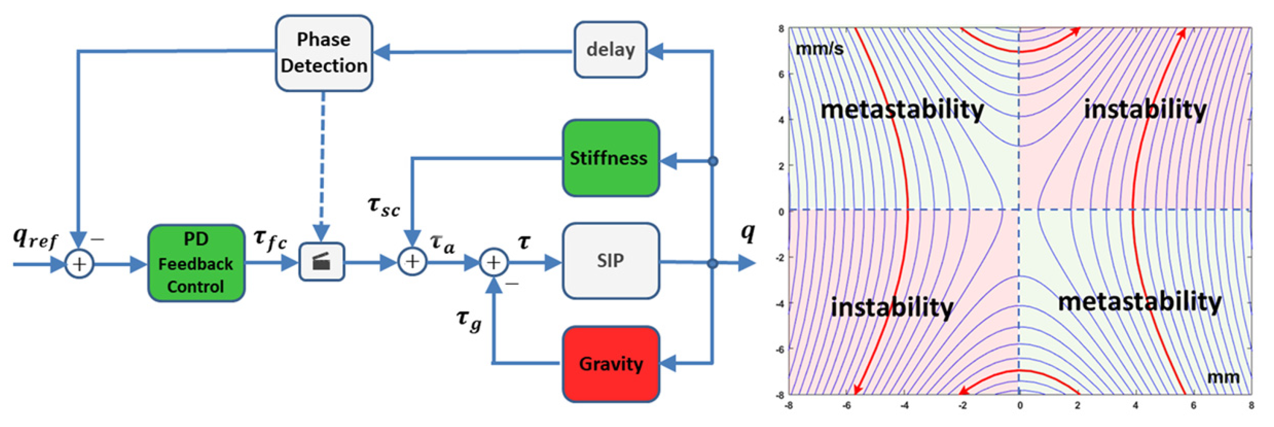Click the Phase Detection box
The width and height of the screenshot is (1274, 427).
(x=324, y=53)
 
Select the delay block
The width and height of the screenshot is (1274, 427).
(x=610, y=49)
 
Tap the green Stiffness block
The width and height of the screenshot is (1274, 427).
(x=611, y=158)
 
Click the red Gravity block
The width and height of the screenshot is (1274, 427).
(x=611, y=364)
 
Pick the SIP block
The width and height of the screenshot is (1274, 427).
(x=611, y=261)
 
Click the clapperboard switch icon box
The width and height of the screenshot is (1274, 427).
(x=322, y=262)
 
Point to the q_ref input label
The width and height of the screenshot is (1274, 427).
(x=35, y=239)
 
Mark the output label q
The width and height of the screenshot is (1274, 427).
(x=747, y=232)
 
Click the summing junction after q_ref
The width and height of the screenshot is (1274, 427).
(x=80, y=264)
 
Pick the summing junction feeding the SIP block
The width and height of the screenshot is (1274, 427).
(x=494, y=262)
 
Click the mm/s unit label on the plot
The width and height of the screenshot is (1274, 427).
(x=819, y=49)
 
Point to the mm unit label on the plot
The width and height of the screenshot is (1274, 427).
(x=1224, y=378)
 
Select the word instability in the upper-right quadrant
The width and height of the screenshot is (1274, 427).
(x=1145, y=109)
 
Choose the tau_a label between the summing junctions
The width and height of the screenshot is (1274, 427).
(x=442, y=244)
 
